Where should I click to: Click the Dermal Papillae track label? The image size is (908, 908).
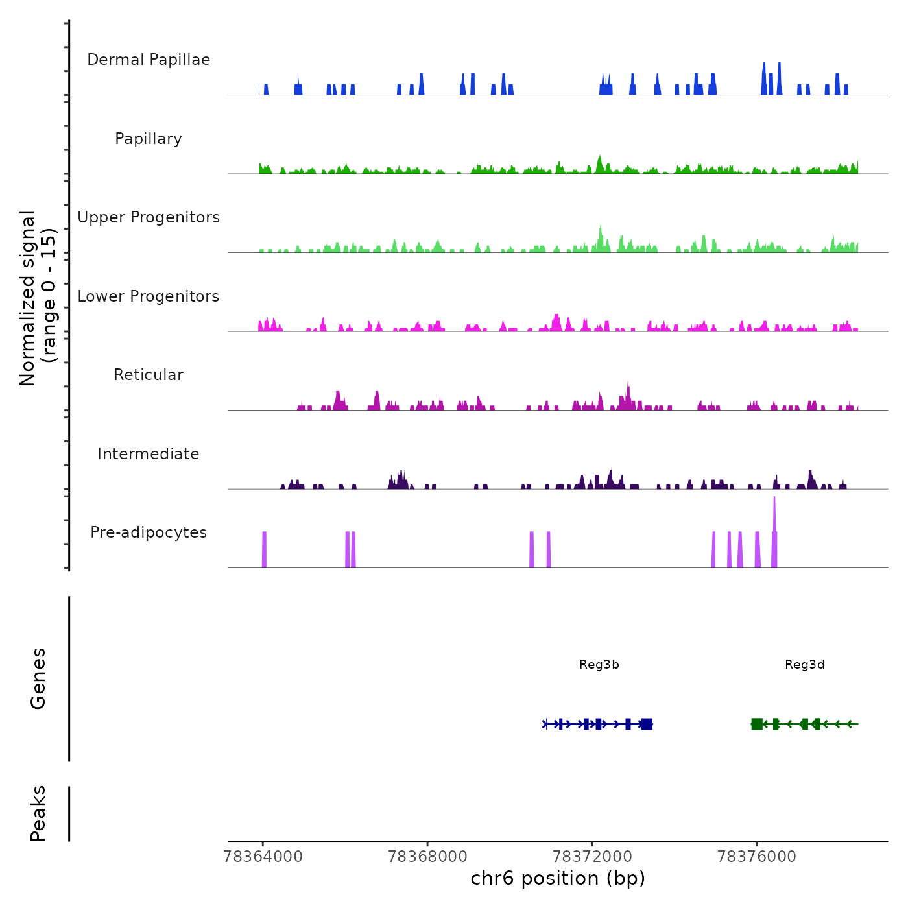149,60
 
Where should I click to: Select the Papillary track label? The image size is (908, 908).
149,139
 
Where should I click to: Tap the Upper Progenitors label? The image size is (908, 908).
149,217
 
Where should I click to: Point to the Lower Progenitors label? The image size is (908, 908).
149,296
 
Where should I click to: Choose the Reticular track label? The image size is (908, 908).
149,375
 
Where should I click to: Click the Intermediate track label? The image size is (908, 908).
149,454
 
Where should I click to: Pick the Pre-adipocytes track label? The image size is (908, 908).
149,532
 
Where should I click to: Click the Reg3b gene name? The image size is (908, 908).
599,664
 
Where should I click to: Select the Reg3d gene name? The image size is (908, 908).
805,664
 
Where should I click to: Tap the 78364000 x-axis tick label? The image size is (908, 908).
263,857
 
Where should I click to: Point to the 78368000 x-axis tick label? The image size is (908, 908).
427,857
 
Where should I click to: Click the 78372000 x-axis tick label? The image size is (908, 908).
592,857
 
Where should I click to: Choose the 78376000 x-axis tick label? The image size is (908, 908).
757,857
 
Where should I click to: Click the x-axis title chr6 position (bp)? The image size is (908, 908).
558,879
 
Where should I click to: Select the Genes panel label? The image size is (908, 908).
38,678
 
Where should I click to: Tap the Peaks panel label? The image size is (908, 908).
38,813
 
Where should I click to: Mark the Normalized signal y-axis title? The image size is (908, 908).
38,298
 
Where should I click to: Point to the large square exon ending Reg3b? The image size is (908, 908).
647,724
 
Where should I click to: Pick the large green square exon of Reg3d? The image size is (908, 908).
757,724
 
